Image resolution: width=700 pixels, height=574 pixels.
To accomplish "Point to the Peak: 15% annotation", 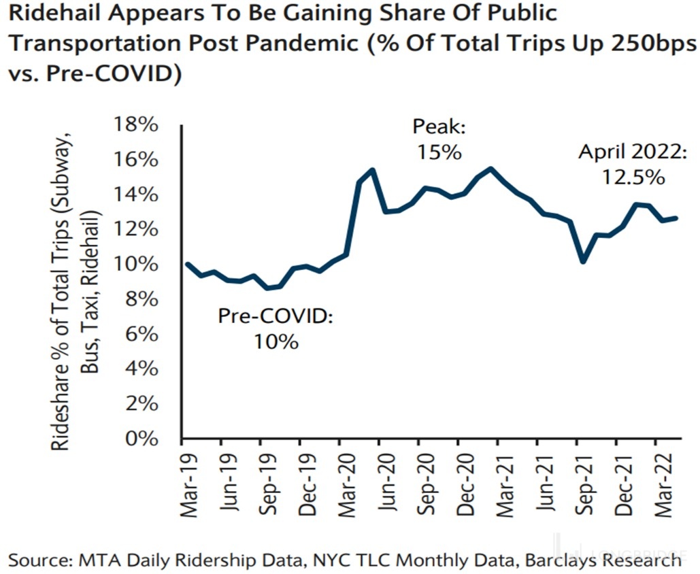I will [x=437, y=139].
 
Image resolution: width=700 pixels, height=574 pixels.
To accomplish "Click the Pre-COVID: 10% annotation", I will [x=276, y=328].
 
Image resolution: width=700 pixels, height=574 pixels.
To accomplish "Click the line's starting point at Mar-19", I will [x=187, y=264].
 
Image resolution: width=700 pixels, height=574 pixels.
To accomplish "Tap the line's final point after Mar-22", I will [x=676, y=218].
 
